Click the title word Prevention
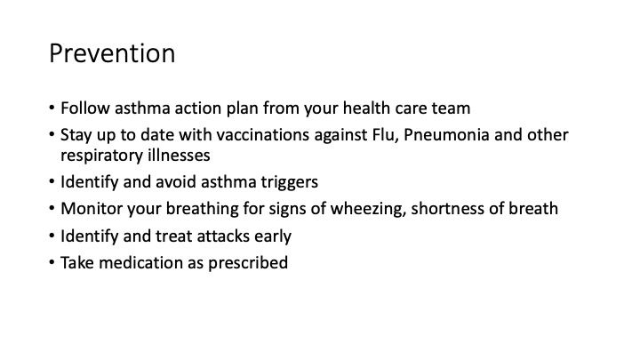(x=112, y=53)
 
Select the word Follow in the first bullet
(x=85, y=108)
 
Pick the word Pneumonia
(x=446, y=135)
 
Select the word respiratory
(x=102, y=156)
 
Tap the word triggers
(x=290, y=182)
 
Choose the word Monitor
(x=92, y=209)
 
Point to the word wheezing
(x=368, y=209)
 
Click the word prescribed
(x=248, y=263)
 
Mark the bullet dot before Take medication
(x=52, y=262)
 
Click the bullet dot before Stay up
(x=52, y=134)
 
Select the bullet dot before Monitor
(x=52, y=208)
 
